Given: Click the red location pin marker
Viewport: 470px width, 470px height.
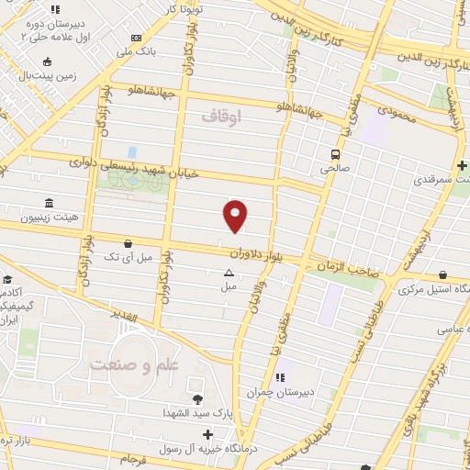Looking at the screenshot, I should tap(236, 216).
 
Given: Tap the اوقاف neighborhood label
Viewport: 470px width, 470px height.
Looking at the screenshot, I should tap(220, 117).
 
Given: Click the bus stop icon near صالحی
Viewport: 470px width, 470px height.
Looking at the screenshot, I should tap(335, 154).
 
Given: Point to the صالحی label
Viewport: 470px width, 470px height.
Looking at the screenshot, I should tap(335, 169).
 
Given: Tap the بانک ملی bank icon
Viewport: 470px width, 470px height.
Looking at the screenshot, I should tap(136, 38).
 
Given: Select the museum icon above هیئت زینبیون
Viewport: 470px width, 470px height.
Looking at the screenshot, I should tap(48, 203).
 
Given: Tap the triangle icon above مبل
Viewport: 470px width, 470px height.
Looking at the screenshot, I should tap(229, 272).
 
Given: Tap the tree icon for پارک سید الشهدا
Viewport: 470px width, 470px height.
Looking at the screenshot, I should tap(196, 398).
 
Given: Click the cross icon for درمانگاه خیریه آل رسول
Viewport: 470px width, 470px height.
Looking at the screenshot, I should tap(208, 433).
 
